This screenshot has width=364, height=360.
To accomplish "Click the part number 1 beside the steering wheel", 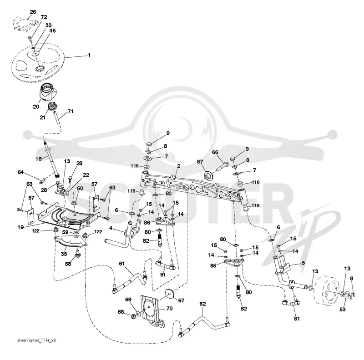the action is click(89, 55).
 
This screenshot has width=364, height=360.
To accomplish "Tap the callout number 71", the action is click(71, 111).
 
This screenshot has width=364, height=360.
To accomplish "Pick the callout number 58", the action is click(68, 264).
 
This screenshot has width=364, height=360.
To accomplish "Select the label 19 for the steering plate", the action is click(20, 227).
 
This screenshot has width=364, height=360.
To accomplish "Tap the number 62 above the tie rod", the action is click(202, 304).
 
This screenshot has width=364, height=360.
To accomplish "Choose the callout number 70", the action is click(169, 308).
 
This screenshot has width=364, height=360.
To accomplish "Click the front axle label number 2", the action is click(179, 166).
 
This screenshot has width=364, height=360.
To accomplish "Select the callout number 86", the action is click(147, 223).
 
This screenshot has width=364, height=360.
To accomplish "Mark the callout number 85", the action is click(213, 265).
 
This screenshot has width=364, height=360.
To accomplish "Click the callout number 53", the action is click(343, 309).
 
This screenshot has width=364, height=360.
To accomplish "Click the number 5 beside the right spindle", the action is click(303, 263).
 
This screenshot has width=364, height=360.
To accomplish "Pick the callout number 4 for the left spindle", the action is click(111, 228).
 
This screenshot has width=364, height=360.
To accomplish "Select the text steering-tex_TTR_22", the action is click(36, 340).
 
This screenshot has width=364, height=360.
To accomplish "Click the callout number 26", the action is click(33, 12).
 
